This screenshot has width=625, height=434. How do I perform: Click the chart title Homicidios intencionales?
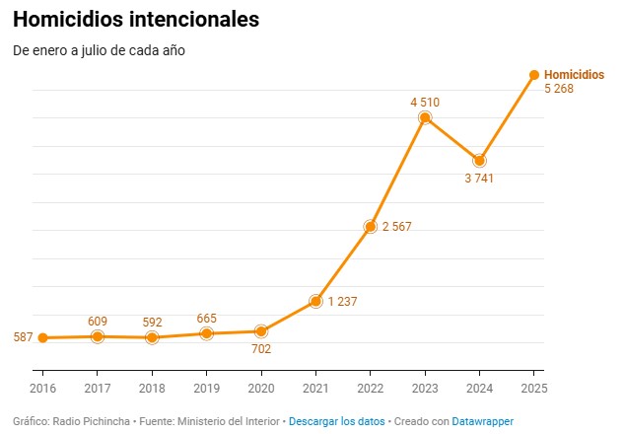(136, 19)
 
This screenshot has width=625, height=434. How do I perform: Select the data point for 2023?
(425, 117)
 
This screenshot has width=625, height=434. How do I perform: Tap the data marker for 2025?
(534, 74)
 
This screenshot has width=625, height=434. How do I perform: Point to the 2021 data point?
(315, 301)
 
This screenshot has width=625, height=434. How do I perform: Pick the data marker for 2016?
(42, 337)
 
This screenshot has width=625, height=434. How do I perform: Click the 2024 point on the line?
(479, 160)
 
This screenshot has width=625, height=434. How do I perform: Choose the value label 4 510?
(426, 101)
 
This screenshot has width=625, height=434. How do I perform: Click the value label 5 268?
(558, 89)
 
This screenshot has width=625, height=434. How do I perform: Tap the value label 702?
(261, 348)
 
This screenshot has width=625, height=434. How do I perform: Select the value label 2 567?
(396, 227)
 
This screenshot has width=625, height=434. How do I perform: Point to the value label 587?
(23, 337)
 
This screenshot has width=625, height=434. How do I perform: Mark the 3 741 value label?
(479, 178)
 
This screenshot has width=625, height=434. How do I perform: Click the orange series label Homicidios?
(574, 74)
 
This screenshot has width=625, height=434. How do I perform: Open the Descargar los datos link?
(336, 421)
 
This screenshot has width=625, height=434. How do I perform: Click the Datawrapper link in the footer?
(482, 421)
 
